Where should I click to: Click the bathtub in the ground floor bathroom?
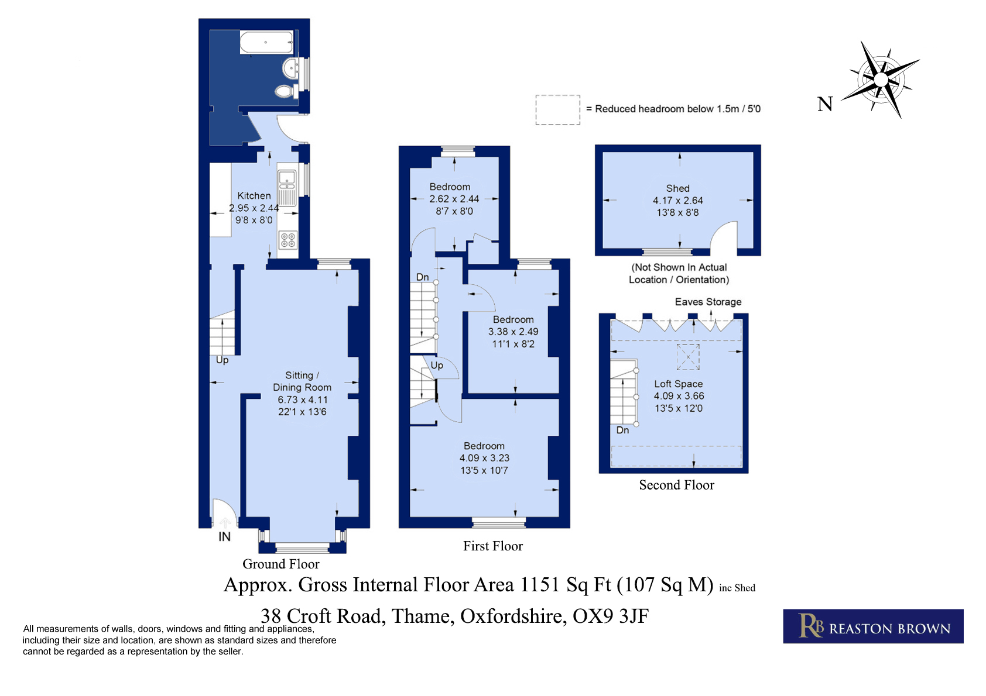coord(266,42)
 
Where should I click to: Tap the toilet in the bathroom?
coord(285,91)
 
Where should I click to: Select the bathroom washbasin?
coord(290,68)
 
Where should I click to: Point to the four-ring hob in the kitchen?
coord(288,240)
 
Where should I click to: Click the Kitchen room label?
coord(254,196)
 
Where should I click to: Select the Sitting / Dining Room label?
coord(302,381)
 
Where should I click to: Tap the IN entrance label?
coord(224,536)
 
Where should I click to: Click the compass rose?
coord(881,80)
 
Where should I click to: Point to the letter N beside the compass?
coord(825,104)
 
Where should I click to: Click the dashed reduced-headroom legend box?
coord(557,110)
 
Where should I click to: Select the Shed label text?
coord(677,188)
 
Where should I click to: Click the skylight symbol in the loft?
coord(688,357)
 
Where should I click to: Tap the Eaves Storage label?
coord(708,302)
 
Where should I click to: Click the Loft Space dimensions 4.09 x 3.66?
coord(679,396)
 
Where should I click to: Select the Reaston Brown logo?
coord(873,626)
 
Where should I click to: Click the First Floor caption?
coord(492,546)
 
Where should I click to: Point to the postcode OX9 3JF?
coord(611,616)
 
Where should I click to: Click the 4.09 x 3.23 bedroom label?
coord(484,458)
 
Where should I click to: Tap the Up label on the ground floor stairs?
coord(222,360)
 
